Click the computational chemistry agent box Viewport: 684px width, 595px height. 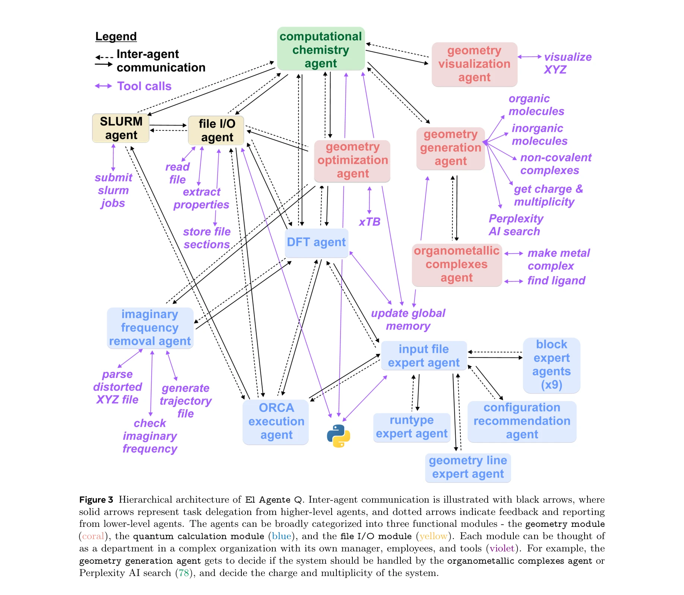click(x=320, y=49)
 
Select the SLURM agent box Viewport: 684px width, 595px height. click(x=121, y=128)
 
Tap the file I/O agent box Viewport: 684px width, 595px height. click(x=216, y=130)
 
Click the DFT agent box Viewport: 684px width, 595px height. click(x=316, y=242)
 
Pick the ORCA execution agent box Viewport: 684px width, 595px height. click(x=276, y=421)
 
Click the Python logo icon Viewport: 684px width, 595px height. click(x=338, y=436)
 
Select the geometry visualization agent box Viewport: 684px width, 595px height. click(x=474, y=64)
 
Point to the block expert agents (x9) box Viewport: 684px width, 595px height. click(x=551, y=365)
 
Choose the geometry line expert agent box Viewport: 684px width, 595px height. click(x=468, y=467)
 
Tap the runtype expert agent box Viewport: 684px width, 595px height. click(x=412, y=427)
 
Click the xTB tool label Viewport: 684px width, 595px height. click(x=369, y=222)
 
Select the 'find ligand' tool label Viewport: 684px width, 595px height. click(x=556, y=280)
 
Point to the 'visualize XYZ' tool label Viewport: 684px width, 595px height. click(x=567, y=63)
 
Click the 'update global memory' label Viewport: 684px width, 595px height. click(x=408, y=319)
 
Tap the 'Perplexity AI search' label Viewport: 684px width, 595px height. click(x=515, y=225)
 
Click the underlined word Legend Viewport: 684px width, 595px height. click(x=116, y=36)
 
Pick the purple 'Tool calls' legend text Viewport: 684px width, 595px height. click(x=144, y=86)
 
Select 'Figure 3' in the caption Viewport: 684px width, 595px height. click(x=96, y=500)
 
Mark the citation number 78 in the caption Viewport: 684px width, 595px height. click(x=184, y=573)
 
